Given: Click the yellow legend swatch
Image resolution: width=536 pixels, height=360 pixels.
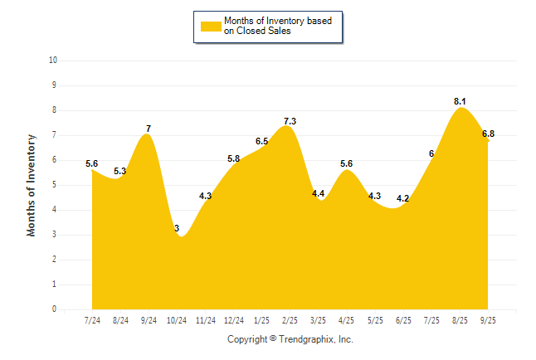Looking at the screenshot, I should point(210,26).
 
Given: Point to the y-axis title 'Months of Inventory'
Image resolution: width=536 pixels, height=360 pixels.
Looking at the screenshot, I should point(32,185).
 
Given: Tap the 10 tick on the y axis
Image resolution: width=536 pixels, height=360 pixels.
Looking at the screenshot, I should point(53,61).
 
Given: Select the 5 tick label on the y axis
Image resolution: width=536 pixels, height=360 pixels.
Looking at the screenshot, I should point(55,185).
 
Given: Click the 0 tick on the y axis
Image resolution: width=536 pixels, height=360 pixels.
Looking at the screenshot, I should point(55,309).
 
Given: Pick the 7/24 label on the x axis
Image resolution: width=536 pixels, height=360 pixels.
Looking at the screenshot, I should point(92,320).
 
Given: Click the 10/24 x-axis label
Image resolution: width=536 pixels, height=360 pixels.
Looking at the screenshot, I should point(178,320).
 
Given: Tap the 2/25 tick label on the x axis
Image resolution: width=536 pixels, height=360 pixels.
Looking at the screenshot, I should point(290,320).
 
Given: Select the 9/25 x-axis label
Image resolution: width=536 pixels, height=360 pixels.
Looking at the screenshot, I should point(488,320).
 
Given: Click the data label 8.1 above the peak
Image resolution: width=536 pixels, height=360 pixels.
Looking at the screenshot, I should point(460,101).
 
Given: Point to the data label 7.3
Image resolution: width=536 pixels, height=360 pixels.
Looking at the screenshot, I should point(290,121).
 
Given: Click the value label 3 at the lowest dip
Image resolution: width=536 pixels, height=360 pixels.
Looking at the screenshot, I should point(177,228).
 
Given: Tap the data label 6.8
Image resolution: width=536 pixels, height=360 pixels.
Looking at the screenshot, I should point(488,134).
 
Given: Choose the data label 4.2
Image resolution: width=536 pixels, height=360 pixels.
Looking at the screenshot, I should point(403,198).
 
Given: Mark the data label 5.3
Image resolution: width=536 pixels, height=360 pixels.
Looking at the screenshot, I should point(120,171).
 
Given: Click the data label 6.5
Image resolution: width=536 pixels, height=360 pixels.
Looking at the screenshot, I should point(261,141).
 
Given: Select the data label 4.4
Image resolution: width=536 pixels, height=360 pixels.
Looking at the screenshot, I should point(318,193).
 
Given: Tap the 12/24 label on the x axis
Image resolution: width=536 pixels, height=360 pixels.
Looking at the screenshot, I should point(234,320).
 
